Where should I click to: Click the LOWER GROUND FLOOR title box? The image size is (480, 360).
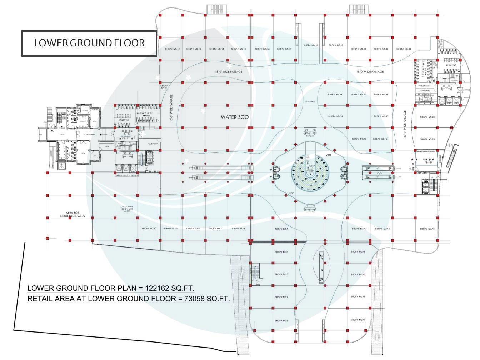pos(89,43)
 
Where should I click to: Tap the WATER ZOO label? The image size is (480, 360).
pos(235,117)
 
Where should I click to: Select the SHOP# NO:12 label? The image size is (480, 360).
pos(173,49)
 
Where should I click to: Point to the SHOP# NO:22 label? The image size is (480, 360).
pos(404,49)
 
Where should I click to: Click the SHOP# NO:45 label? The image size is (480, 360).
pos(427,229)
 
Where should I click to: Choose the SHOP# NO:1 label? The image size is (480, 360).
pos(281,321)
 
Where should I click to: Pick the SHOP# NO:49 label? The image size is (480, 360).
pos(358,320)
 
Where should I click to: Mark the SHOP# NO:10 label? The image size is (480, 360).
pos(149,228)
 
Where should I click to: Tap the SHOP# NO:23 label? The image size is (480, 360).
pos(427,117)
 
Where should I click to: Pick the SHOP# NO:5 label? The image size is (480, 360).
pos(281,229)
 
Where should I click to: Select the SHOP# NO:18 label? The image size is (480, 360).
pos(310,45)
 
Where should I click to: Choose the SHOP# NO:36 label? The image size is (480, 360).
pos(335,94)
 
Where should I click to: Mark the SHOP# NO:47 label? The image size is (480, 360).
pos(358,274)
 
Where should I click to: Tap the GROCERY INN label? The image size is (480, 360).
pos(127,208)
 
